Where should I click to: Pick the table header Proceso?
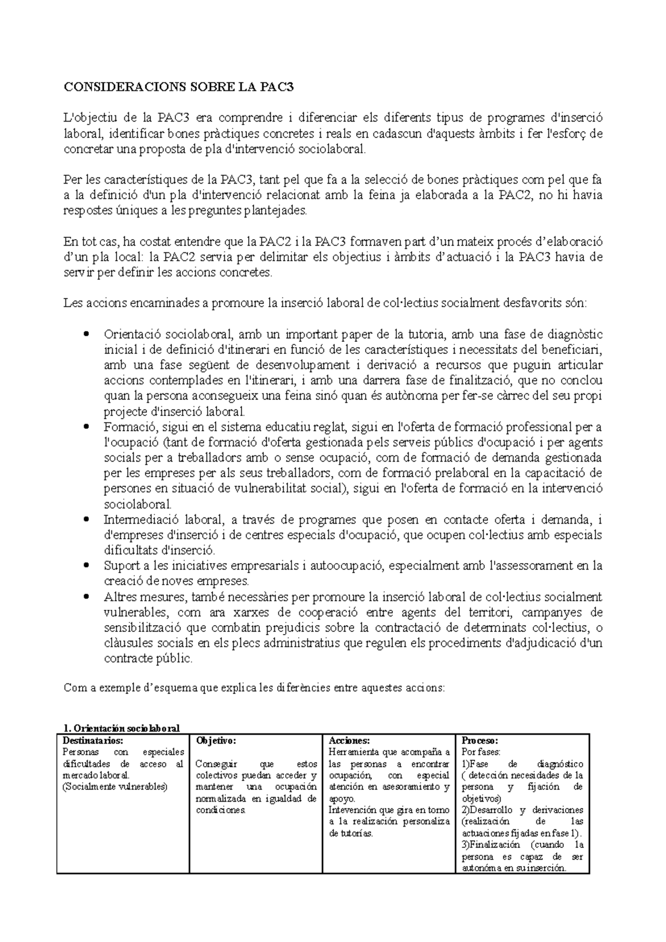click(x=480, y=740)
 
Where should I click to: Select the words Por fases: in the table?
click(x=481, y=752)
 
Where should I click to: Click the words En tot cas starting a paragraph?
click(x=92, y=242)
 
